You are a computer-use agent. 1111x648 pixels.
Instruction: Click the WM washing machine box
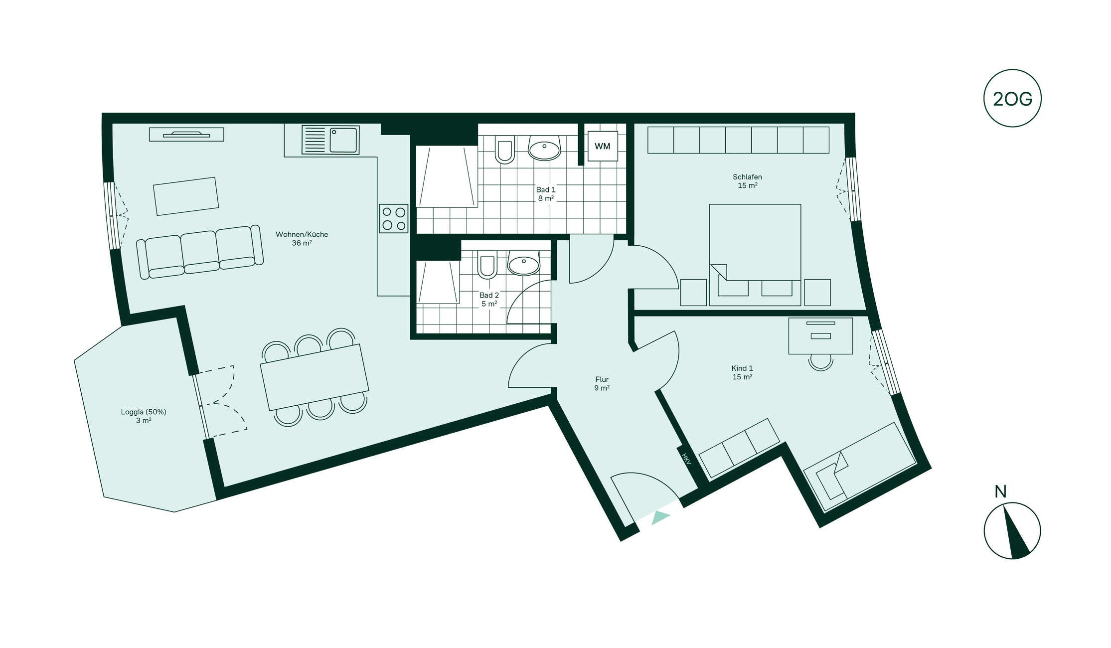click(603, 146)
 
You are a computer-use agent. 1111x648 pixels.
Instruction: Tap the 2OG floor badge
click(1012, 98)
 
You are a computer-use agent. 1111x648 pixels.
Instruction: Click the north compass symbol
click(1012, 530)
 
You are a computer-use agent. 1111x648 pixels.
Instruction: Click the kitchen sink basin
click(344, 140)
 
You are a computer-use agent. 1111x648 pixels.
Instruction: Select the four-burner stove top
click(394, 219)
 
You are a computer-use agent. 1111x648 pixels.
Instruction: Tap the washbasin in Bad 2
click(523, 263)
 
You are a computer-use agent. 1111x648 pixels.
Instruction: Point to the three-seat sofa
click(200, 252)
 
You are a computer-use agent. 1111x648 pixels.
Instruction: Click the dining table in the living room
click(315, 377)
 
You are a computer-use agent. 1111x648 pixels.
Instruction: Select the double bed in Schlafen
click(755, 255)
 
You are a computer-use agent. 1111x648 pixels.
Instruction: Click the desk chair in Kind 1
click(820, 361)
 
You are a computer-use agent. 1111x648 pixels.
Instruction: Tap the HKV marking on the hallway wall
click(686, 459)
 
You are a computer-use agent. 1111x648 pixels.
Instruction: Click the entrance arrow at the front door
click(660, 517)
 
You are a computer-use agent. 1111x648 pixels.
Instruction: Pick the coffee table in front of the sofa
click(186, 196)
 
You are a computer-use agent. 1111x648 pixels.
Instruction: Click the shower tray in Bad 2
click(439, 282)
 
